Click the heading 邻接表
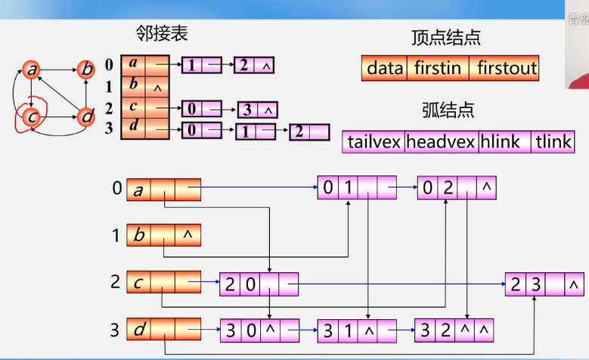point(162,33)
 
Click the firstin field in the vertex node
point(437,69)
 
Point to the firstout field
point(506,69)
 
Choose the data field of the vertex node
point(385,69)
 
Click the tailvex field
point(374,141)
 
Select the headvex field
point(440,141)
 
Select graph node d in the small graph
point(87,116)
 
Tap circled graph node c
point(32,116)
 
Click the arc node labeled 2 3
point(545,284)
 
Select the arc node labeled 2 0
point(259,284)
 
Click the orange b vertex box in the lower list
point(163,235)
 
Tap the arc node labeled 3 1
point(357,330)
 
